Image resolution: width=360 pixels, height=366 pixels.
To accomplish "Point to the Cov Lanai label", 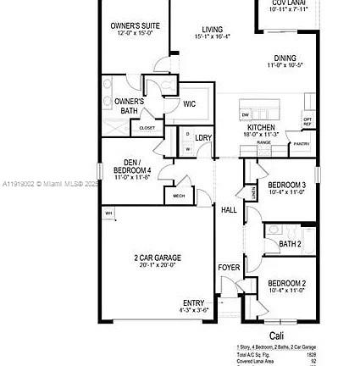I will pos(291,4).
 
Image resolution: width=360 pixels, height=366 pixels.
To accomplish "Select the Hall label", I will pos(227,208).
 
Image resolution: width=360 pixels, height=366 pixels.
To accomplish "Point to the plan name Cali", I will pos(275,338).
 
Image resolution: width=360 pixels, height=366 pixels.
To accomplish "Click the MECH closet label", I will pos(178,194).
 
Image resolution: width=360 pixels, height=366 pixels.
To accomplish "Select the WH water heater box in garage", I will pos(108,214).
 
